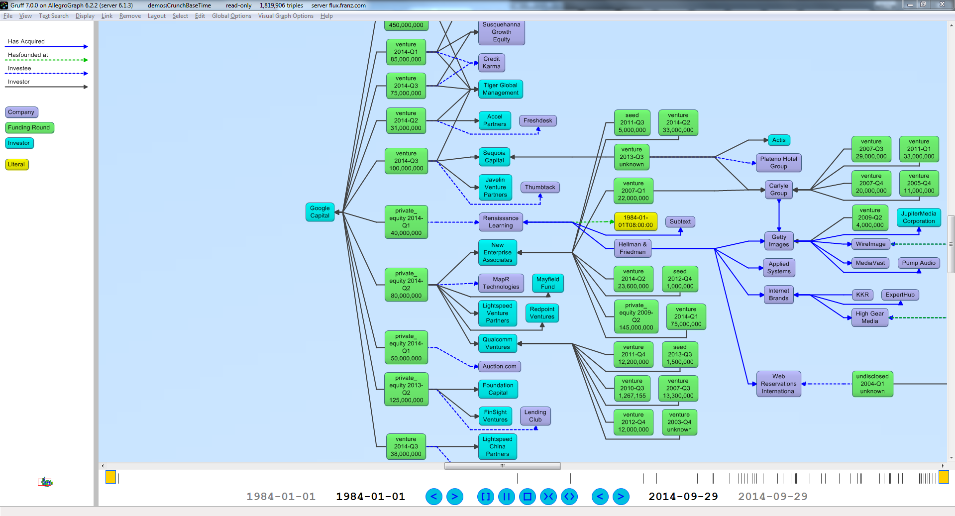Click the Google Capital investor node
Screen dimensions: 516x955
coord(319,212)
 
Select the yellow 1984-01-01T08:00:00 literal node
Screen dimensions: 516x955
coord(636,221)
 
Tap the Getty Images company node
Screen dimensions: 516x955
coord(778,241)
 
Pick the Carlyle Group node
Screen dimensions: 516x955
coord(778,190)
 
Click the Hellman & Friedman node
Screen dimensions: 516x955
coord(632,248)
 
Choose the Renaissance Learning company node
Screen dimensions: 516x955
coord(500,222)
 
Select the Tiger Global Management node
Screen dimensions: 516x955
coord(500,89)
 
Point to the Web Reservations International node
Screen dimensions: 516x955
coord(778,384)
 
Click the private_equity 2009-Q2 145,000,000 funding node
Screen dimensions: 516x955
coord(636,316)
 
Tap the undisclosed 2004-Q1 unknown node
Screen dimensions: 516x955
coord(872,384)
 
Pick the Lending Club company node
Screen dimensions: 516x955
coord(535,416)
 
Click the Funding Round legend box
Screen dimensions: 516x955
coord(29,128)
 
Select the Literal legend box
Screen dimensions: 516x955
coord(16,165)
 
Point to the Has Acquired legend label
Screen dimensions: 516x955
coord(26,41)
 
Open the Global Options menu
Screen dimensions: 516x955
coord(231,16)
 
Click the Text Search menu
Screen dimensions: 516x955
coord(54,16)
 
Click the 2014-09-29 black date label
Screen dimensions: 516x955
coord(683,497)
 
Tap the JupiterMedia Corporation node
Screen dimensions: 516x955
coord(918,217)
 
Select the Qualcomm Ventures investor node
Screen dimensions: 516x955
coord(497,343)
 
